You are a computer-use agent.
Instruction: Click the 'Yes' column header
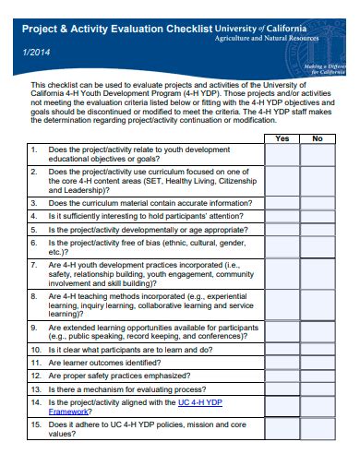pyautogui.click(x=282, y=138)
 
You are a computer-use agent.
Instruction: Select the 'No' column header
pyautogui.click(x=317, y=138)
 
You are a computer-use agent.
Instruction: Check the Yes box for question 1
pyautogui.click(x=282, y=154)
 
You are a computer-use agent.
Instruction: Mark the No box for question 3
pyautogui.click(x=317, y=203)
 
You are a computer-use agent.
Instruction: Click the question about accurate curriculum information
pyautogui.click(x=138, y=203)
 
